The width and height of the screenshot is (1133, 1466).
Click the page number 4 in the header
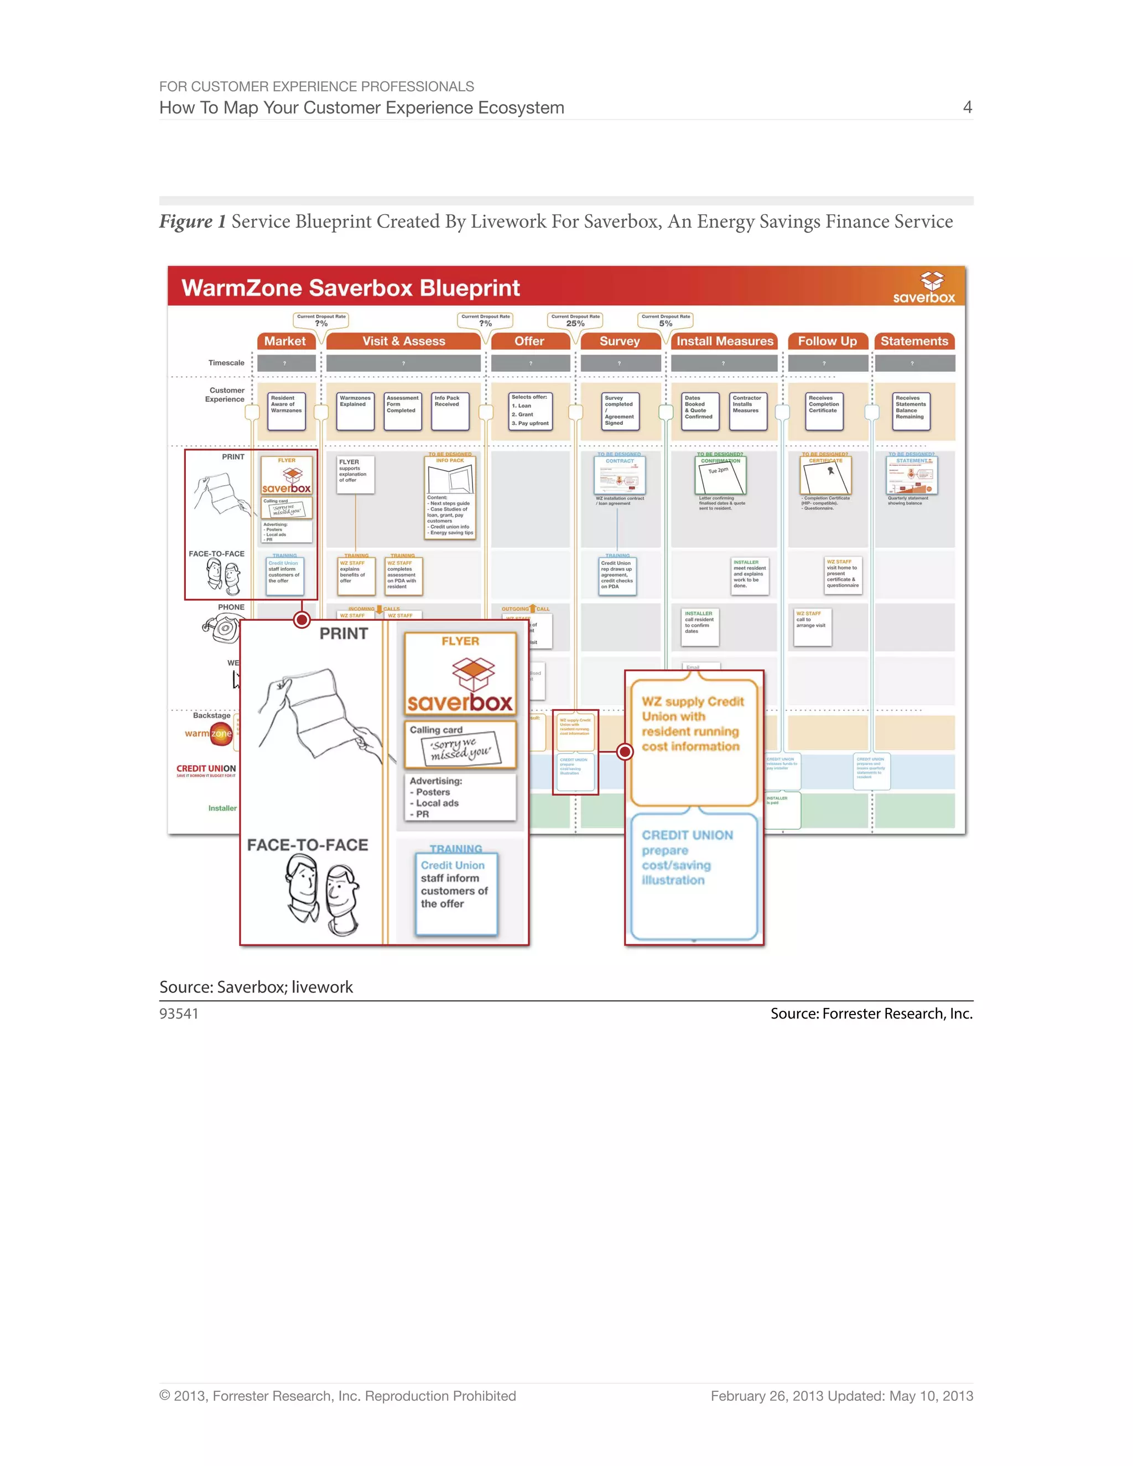967,107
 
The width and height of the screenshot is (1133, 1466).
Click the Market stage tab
285,341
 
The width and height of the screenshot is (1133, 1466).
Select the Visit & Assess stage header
403,341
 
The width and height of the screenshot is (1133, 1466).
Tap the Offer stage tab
529,341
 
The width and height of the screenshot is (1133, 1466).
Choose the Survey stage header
620,341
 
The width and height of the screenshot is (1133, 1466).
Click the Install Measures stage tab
724,341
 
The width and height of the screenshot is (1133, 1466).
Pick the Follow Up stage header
827,341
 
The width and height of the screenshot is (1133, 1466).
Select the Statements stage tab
914,341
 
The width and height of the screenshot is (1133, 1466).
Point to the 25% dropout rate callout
575,320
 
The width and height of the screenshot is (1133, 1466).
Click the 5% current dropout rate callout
665,320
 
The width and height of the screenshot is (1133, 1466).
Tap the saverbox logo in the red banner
925,289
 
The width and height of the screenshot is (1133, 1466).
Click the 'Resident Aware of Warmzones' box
287,411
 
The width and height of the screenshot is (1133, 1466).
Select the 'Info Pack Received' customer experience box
450,411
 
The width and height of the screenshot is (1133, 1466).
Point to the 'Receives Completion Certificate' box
824,411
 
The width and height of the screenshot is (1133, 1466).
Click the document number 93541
179,1013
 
